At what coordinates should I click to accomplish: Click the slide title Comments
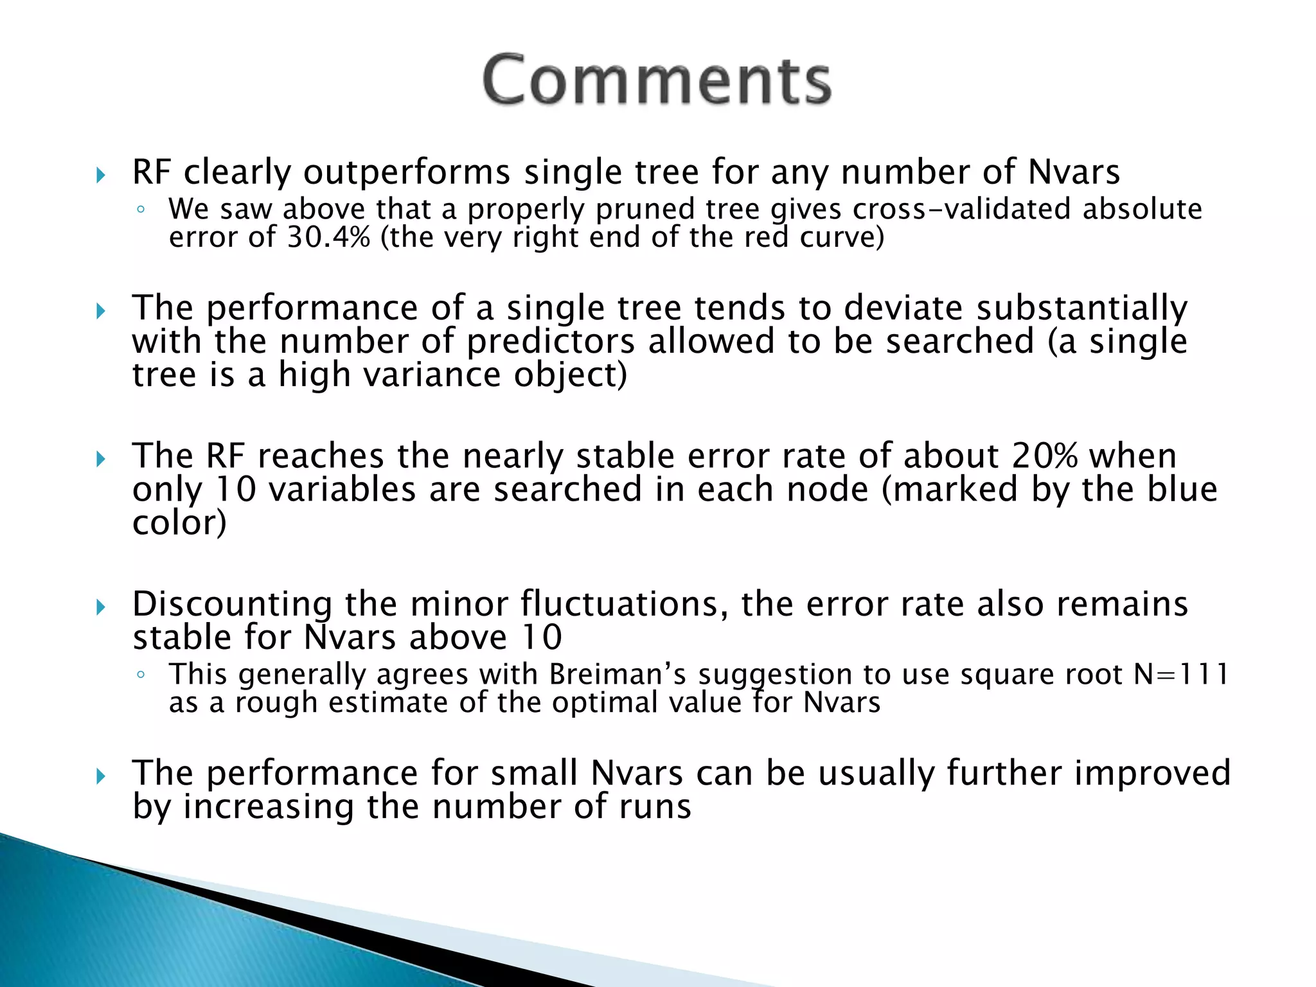[657, 80]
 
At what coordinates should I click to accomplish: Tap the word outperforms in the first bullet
[407, 172]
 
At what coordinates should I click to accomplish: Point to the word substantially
[1082, 308]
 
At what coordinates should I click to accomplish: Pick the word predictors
[550, 341]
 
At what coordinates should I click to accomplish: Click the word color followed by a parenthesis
[179, 523]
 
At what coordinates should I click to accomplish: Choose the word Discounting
[232, 605]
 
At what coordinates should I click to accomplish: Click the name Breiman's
[617, 675]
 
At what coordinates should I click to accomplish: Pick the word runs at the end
[655, 806]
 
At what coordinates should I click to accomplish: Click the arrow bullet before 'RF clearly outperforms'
[100, 175]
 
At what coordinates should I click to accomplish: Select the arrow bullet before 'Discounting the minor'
[100, 607]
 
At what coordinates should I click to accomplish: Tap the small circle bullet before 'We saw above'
[141, 210]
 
